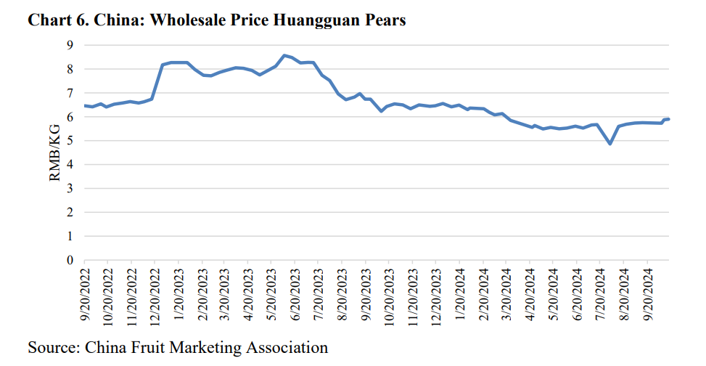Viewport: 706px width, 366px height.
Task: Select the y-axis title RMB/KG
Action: pyautogui.click(x=56, y=152)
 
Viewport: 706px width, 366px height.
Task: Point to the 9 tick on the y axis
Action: pyautogui.click(x=70, y=45)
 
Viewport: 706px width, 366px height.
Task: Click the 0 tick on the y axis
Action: pyautogui.click(x=70, y=260)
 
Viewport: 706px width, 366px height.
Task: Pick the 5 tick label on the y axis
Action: pyautogui.click(x=70, y=141)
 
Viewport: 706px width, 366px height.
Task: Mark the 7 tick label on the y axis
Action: pyautogui.click(x=70, y=93)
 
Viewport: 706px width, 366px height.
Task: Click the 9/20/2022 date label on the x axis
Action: pyautogui.click(x=85, y=298)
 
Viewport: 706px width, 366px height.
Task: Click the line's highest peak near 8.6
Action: pyautogui.click(x=284, y=55)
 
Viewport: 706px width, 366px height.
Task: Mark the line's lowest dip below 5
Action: pyautogui.click(x=610, y=144)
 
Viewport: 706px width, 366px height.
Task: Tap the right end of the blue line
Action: pyautogui.click(x=668, y=119)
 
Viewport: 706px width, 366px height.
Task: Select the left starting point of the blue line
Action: pyautogui.click(x=85, y=106)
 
